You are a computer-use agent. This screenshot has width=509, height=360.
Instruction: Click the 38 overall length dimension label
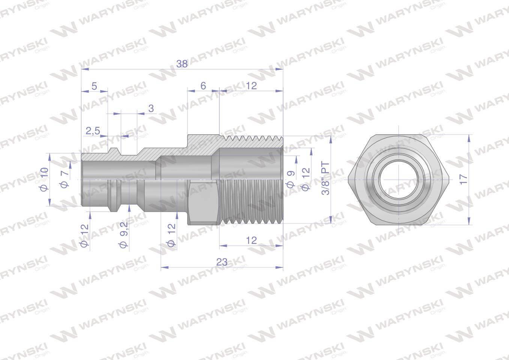tap(182, 64)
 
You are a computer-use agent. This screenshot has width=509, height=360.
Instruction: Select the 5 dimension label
tap(94, 86)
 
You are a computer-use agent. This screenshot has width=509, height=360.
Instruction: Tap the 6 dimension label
tap(203, 86)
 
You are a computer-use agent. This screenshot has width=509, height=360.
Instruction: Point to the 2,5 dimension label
tap(93, 131)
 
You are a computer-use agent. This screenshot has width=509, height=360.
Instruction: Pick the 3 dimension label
tap(151, 109)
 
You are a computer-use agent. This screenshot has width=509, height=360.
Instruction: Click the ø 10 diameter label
tap(44, 179)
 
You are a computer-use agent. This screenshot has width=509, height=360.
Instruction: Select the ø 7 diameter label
tap(65, 179)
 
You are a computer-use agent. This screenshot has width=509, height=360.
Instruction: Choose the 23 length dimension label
tap(222, 262)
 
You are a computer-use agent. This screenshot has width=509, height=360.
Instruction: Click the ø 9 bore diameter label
tap(291, 179)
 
